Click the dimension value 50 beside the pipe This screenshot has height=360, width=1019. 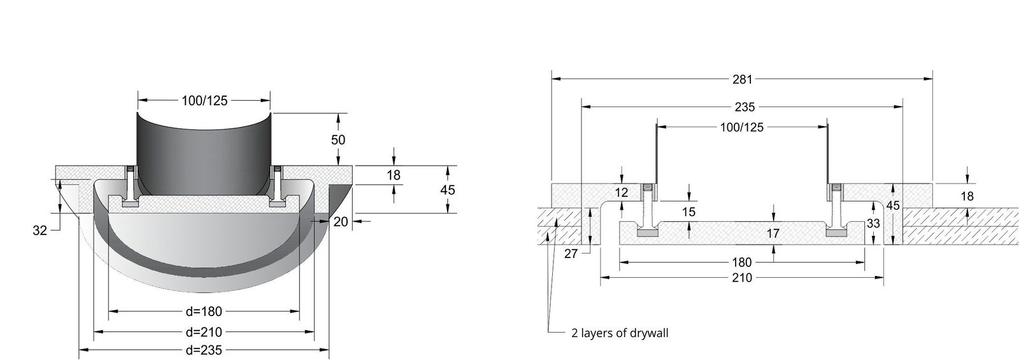338,140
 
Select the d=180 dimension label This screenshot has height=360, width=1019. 204,312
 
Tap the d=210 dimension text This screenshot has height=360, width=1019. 204,332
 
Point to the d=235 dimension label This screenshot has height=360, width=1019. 204,350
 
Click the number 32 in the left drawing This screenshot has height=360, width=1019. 40,231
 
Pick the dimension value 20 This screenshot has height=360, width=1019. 341,222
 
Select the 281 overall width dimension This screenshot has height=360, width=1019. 743,79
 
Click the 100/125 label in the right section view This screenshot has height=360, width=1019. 742,127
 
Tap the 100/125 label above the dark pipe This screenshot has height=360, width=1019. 204,101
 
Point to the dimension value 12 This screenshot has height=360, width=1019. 622,192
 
